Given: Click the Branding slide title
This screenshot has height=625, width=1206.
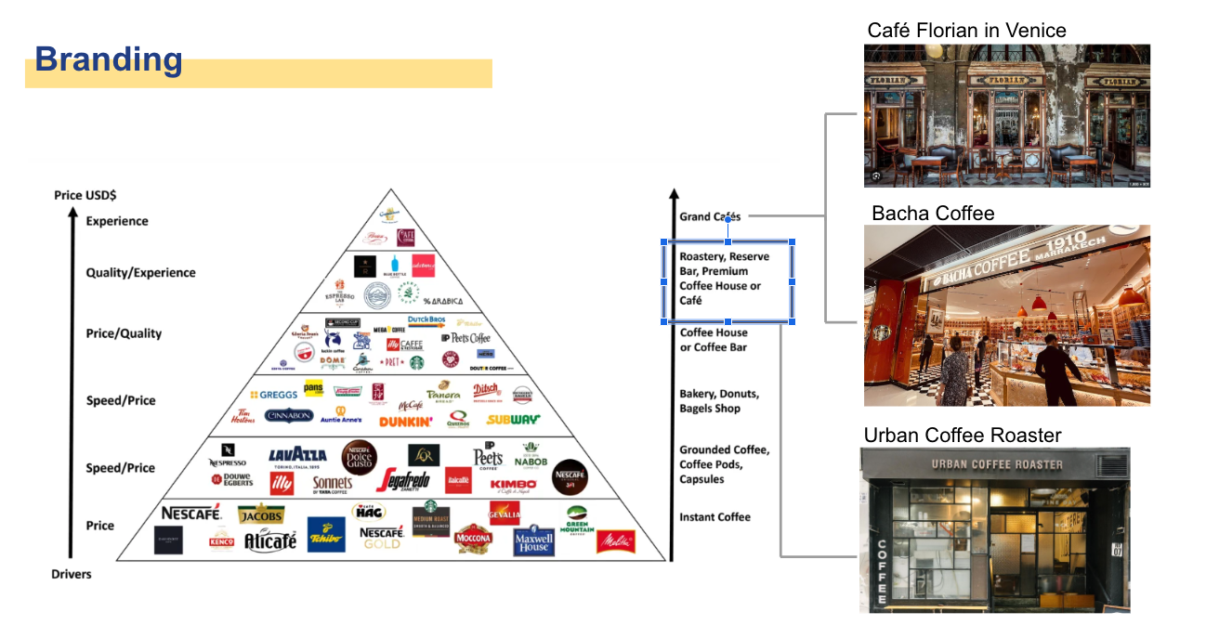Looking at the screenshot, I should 109,60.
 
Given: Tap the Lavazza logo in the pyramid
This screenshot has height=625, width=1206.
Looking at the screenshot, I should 297,455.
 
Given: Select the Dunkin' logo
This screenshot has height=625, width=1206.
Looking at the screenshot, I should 405,422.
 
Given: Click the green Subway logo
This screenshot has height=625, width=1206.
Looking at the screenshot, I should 513,420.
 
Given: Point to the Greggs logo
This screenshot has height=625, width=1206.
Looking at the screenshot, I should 273,395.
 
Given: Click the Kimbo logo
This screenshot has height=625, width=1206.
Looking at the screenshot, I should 513,484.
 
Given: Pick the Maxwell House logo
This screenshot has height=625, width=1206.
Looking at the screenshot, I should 533,540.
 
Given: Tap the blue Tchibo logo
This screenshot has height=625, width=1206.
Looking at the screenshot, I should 326,534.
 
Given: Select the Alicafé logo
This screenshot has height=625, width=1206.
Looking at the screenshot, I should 270,540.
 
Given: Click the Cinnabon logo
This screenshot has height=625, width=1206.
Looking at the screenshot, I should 289,416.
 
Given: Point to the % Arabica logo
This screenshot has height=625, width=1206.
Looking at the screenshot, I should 440,301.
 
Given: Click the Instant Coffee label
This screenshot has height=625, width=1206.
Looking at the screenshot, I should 714,517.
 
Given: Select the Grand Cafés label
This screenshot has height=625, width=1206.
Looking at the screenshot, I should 710,216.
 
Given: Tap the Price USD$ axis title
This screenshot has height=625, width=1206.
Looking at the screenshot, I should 85,195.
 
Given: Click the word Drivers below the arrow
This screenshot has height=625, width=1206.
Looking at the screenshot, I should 72,574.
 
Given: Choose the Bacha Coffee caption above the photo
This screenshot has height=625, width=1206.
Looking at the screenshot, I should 933,214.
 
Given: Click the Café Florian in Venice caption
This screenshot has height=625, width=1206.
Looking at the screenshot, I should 966,31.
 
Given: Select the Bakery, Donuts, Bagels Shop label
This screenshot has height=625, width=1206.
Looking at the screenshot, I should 719,401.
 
